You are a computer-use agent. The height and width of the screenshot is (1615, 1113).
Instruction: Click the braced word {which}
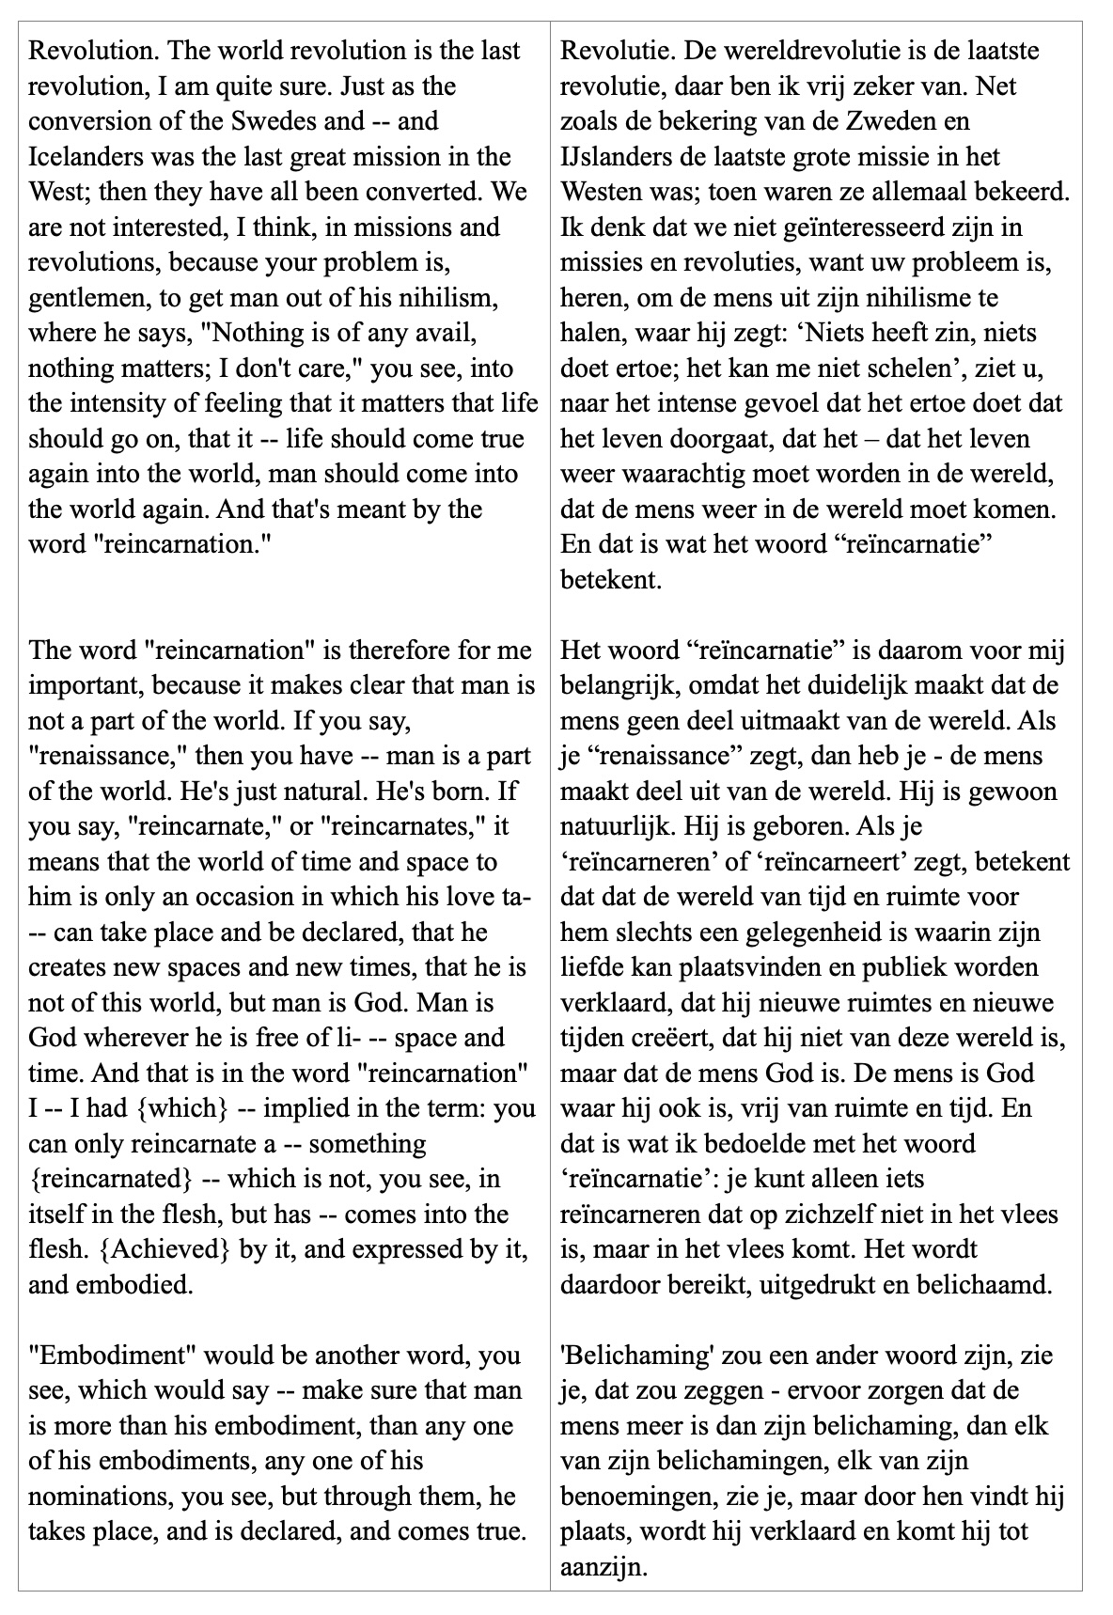coord(183,1108)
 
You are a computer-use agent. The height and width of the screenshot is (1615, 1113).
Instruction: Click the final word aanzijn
coord(603,1566)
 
